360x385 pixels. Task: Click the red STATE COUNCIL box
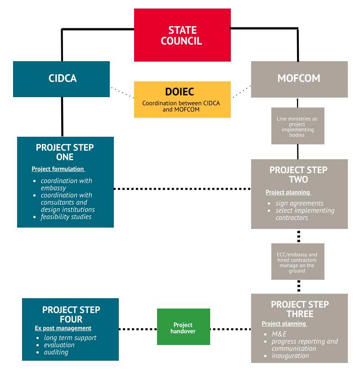[x=182, y=35]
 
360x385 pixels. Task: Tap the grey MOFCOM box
[x=299, y=79]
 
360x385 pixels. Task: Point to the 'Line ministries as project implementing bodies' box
[x=297, y=126]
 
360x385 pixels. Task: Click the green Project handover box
[x=183, y=327]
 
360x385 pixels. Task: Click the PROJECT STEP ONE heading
[x=65, y=152]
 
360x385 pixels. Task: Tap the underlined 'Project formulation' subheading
[x=58, y=169]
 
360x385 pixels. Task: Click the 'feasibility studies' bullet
[x=66, y=217]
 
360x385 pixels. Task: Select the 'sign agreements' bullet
[x=299, y=203]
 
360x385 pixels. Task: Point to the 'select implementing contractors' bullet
[x=305, y=214]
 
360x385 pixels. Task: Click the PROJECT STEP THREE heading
[x=300, y=309]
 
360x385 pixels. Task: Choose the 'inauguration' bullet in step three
[x=290, y=356]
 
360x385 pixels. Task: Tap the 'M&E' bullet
[x=279, y=334]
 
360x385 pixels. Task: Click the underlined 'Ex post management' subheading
[x=63, y=328]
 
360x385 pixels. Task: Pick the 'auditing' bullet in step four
[x=56, y=352]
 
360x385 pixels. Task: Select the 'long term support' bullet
[x=70, y=338]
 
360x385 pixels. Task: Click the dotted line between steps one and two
[x=182, y=189]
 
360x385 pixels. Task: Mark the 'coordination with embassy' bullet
[x=66, y=184]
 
